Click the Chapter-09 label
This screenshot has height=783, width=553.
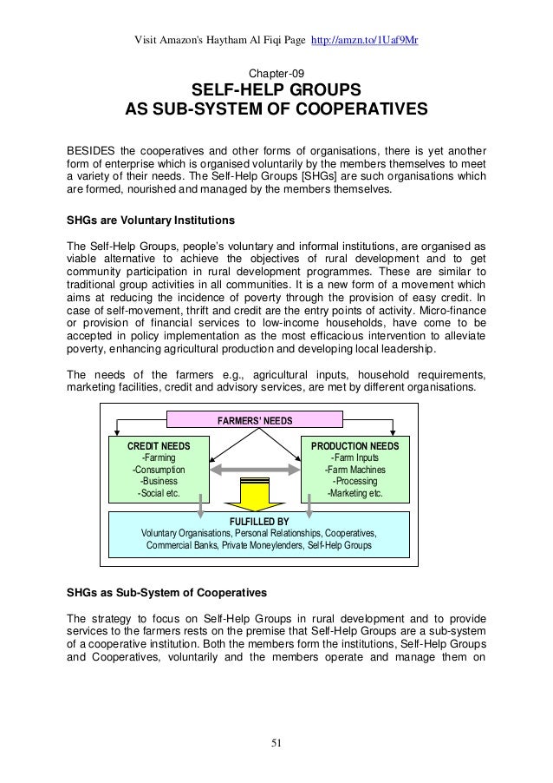click(276, 73)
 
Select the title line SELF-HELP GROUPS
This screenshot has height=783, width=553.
click(276, 91)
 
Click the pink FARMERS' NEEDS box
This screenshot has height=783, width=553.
click(255, 421)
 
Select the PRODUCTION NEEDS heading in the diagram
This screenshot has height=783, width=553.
click(354, 445)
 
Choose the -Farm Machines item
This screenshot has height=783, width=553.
click(354, 470)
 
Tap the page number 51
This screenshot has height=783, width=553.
click(276, 743)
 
